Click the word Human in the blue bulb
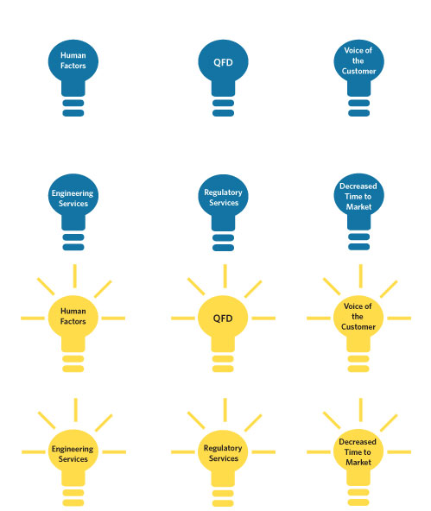73,55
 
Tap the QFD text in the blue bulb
223,62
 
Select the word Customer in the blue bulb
358,71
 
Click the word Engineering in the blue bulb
73,193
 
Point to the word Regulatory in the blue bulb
223,192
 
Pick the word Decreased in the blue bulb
358,186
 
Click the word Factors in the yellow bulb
73,321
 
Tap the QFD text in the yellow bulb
223,318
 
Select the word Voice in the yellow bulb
353,306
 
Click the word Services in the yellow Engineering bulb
73,459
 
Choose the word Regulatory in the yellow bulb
223,448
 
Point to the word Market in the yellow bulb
358,462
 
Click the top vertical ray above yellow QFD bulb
225,276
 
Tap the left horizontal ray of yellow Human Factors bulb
33,318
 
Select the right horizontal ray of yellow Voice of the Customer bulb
399,318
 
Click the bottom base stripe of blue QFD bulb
223,113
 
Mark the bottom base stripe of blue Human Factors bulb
73,113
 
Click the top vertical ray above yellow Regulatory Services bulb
225,410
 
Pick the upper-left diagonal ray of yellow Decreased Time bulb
332,420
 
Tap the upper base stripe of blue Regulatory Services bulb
223,237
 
